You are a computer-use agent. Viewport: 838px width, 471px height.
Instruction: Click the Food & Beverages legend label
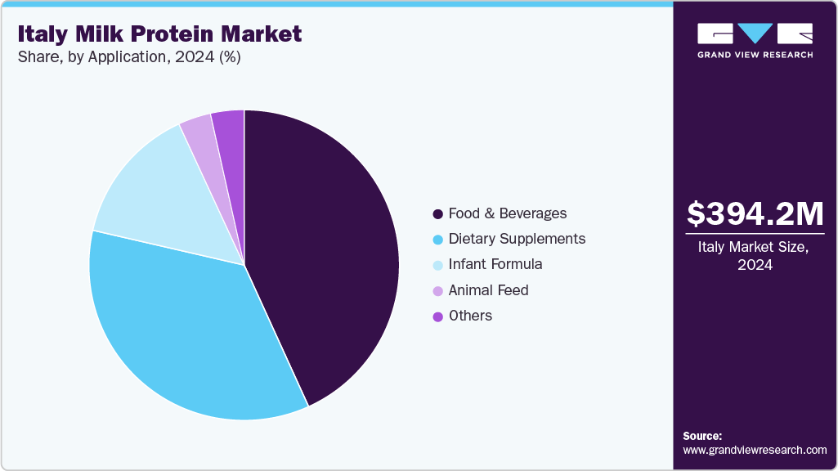[507, 213]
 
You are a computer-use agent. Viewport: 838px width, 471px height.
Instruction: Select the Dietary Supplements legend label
[517, 239]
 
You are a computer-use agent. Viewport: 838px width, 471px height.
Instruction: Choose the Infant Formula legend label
[495, 264]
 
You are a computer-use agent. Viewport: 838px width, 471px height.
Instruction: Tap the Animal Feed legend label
[488, 290]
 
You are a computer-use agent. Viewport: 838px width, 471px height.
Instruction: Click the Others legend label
[470, 316]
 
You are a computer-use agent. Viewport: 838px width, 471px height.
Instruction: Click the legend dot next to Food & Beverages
[438, 214]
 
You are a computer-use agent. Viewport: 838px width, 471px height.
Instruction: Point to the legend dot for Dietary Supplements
[438, 240]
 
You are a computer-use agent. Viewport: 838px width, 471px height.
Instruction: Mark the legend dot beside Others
[438, 316]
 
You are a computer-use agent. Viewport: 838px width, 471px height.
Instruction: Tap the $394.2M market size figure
[755, 213]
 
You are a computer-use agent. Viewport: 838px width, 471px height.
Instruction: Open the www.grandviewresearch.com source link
[755, 450]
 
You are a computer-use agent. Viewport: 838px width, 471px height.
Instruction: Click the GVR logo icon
[755, 34]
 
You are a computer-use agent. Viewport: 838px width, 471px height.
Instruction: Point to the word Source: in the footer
[702, 436]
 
